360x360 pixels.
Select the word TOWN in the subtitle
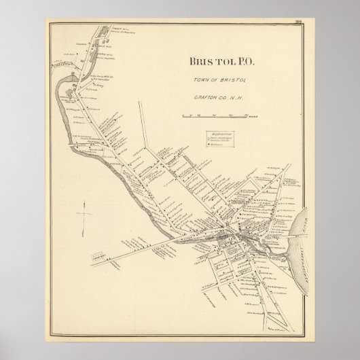click(x=197, y=82)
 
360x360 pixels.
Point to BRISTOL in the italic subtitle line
click(x=226, y=82)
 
